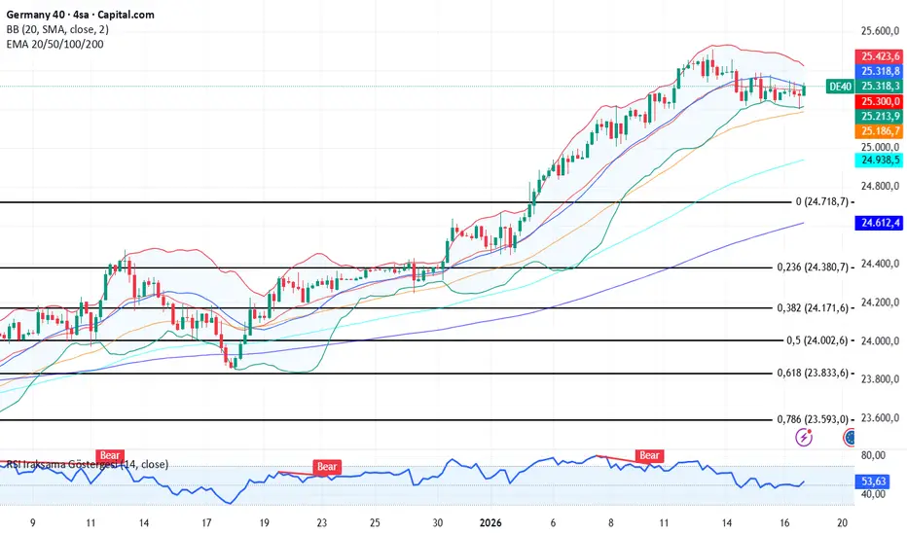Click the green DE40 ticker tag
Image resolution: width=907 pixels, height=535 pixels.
point(840,87)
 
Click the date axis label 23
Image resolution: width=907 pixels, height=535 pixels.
point(320,521)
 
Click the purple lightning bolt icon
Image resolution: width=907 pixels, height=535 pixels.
point(805,437)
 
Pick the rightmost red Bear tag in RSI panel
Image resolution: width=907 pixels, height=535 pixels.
point(649,455)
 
